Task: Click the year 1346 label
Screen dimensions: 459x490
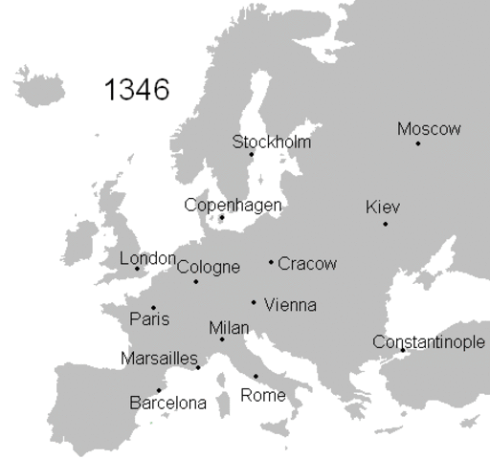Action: (136, 90)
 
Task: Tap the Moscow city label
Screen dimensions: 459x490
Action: (429, 129)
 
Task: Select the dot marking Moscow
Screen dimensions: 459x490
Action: (418, 143)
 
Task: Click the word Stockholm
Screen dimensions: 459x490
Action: (272, 142)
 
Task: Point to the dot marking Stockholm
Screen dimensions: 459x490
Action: (252, 155)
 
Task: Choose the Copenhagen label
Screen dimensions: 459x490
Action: (233, 205)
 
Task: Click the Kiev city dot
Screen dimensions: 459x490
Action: (386, 224)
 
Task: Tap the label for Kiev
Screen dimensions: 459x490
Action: (383, 208)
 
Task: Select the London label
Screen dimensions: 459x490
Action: (147, 258)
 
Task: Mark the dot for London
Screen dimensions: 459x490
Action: (137, 269)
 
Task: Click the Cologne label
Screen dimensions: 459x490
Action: (209, 267)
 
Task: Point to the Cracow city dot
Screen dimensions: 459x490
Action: (272, 262)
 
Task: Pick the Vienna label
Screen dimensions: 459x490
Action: (290, 305)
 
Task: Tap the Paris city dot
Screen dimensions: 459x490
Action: (153, 308)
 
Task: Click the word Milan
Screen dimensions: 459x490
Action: (229, 328)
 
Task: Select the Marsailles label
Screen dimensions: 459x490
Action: (159, 359)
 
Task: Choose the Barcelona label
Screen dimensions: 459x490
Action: (167, 403)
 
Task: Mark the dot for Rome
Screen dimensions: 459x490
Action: (256, 376)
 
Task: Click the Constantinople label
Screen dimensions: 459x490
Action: (429, 342)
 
